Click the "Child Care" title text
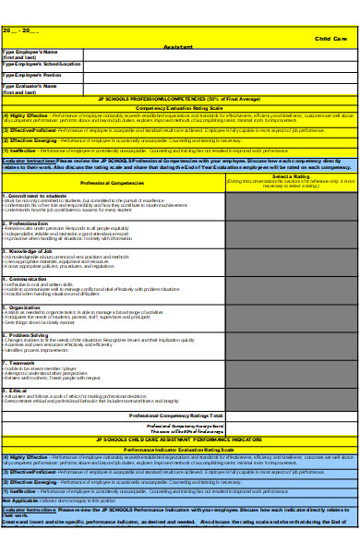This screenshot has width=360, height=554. (330, 38)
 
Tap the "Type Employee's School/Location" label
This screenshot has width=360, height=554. (42, 64)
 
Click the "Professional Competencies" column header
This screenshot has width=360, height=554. (113, 183)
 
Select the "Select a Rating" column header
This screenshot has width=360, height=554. (290, 175)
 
